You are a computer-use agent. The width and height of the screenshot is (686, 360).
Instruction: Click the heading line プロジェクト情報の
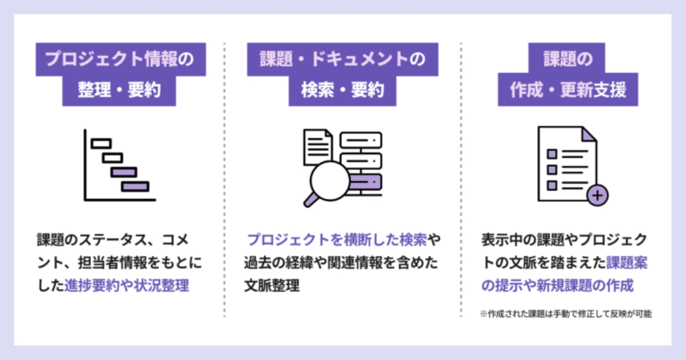coord(119,59)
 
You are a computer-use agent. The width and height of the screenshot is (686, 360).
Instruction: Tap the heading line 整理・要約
coord(119,90)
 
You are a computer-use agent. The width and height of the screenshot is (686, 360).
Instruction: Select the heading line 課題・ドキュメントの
coord(342,59)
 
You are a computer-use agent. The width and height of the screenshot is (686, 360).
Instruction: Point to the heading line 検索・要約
coord(342,90)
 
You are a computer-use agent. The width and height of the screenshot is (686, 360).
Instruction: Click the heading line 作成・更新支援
coord(568,90)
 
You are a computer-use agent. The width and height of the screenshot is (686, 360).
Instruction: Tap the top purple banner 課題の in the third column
coord(567,58)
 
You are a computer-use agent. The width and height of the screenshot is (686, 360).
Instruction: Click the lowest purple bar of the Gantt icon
coord(135,186)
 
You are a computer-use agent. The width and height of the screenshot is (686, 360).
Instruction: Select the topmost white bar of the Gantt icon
coord(101,143)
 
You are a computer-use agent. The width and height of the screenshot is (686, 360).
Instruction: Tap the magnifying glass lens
coord(330,181)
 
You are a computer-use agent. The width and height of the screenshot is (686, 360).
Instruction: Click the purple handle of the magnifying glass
coord(311,200)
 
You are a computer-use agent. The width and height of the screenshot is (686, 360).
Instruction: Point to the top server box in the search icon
coord(361,140)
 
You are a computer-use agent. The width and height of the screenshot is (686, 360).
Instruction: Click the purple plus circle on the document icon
coord(597,195)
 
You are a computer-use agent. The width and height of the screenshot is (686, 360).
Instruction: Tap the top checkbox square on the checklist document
coord(552,154)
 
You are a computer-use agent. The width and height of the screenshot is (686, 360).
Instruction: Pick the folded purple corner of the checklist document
coord(588,135)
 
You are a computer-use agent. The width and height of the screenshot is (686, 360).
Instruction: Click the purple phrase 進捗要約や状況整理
coord(126,285)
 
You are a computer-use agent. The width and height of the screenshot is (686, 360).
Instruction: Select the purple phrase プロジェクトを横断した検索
coord(337,239)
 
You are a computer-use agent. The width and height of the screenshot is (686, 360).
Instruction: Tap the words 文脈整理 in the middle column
coord(272,285)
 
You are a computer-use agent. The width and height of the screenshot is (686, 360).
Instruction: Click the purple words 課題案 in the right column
coord(627,263)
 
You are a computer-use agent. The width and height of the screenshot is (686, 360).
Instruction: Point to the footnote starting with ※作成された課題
coord(565,314)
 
